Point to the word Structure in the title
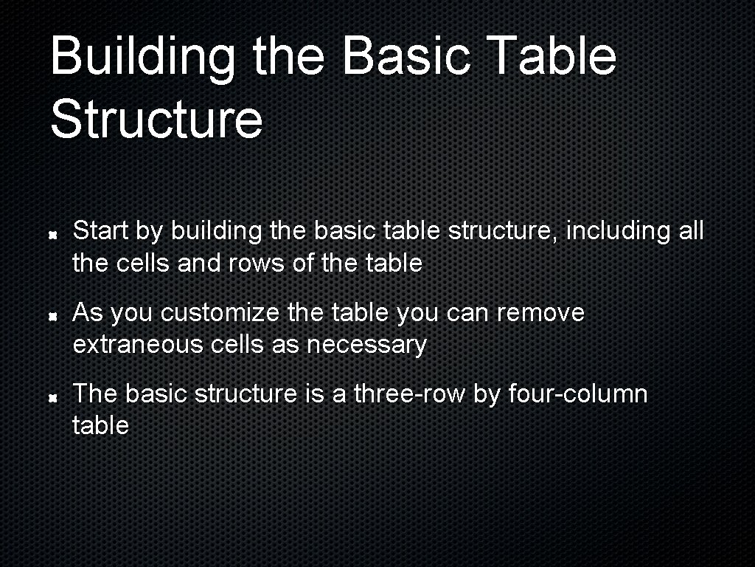click(x=156, y=120)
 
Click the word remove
click(x=540, y=313)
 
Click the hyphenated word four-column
click(x=578, y=394)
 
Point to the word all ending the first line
click(x=691, y=231)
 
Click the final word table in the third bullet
click(x=100, y=426)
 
